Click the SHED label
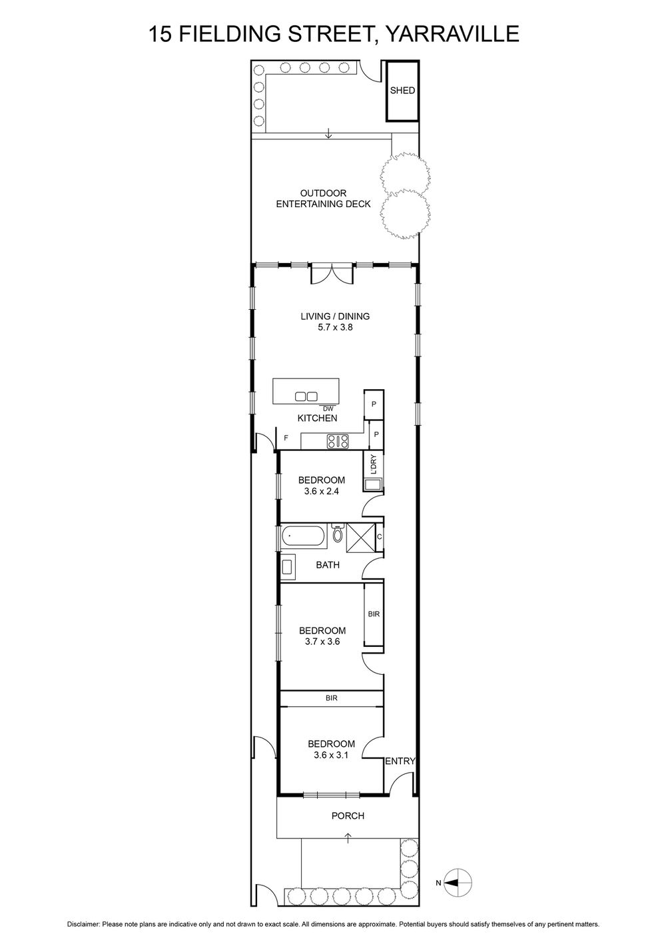point(402,91)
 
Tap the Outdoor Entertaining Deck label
point(323,199)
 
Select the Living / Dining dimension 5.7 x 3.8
point(335,326)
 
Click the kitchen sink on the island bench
point(306,396)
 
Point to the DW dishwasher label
point(328,408)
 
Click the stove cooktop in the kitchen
point(338,441)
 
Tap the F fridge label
point(286,438)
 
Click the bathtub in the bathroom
point(304,536)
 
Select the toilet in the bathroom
point(338,533)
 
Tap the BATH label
point(328,565)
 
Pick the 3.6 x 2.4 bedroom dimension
point(322,491)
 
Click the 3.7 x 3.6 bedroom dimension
point(322,642)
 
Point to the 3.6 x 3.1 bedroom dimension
point(331,755)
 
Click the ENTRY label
point(400,761)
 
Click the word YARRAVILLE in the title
point(452,33)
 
